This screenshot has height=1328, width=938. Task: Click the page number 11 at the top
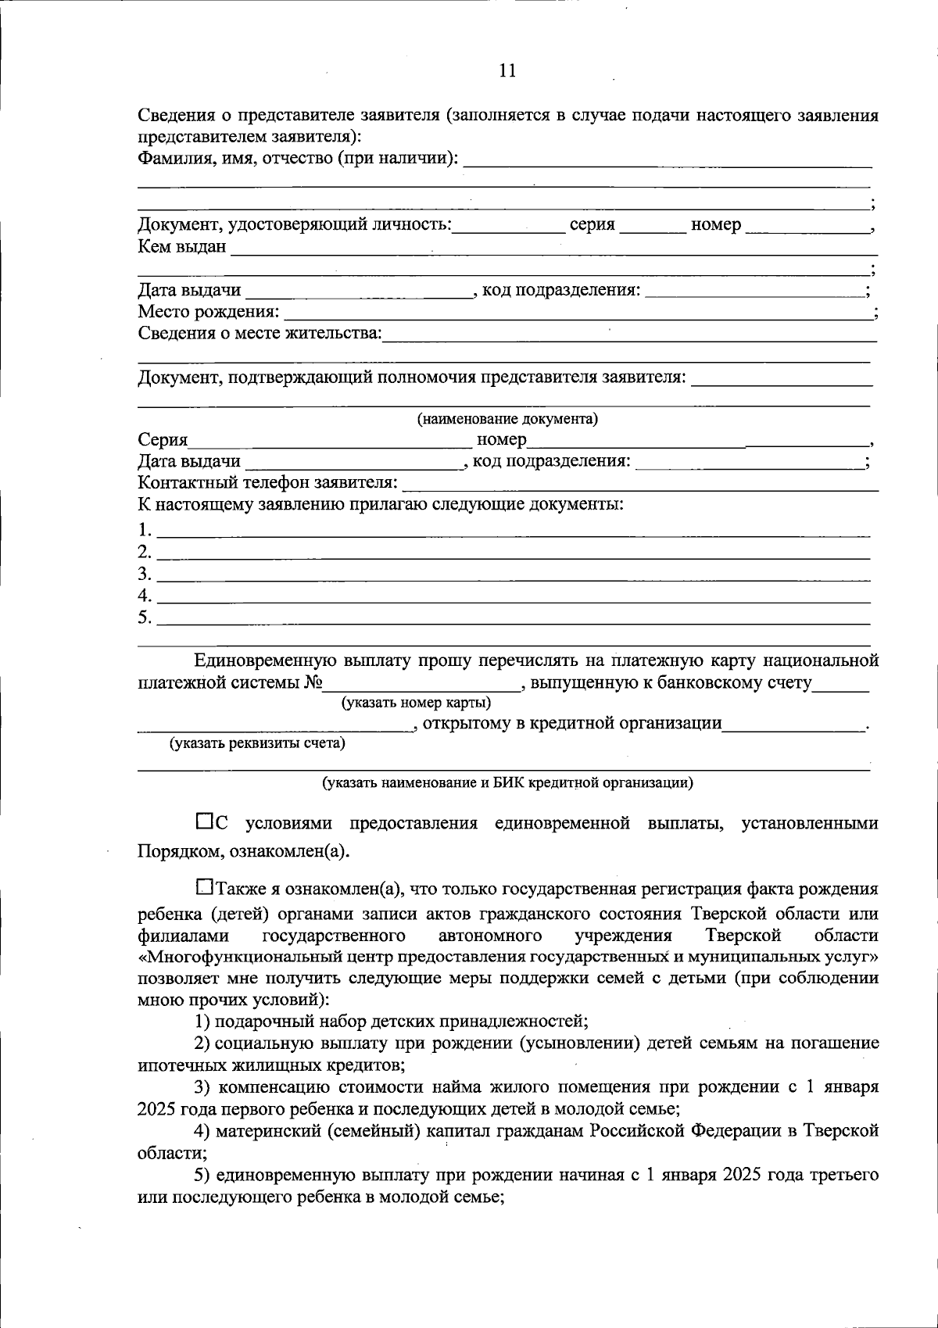coord(507,70)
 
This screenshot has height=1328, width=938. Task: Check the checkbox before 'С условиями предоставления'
coord(204,821)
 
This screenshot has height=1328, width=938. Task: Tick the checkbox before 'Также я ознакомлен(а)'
coord(204,887)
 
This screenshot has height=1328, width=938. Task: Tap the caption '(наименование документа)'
coord(507,419)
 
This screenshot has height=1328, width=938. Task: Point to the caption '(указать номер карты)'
coord(417,702)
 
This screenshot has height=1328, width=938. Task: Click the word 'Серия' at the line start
coord(163,440)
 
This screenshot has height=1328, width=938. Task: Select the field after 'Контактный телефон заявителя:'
coord(640,483)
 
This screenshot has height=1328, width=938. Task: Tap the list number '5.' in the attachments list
coord(145,617)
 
